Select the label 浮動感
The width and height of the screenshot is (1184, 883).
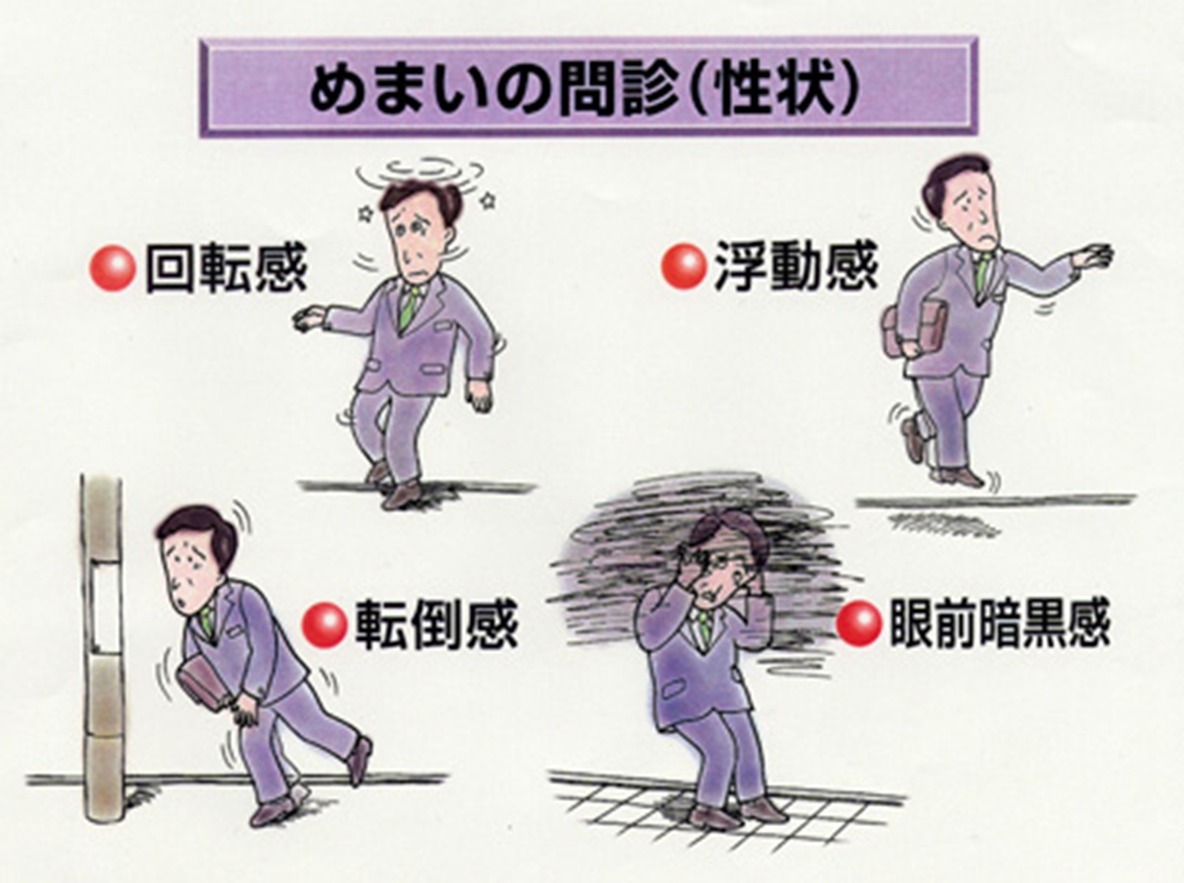click(x=796, y=266)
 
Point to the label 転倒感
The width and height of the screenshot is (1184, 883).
click(x=437, y=625)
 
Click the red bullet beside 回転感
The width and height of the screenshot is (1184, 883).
click(x=111, y=269)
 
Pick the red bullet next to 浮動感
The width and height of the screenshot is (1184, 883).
click(x=684, y=266)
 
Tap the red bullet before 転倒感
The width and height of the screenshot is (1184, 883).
click(x=324, y=624)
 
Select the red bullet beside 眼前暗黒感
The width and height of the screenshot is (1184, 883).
click(x=858, y=623)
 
